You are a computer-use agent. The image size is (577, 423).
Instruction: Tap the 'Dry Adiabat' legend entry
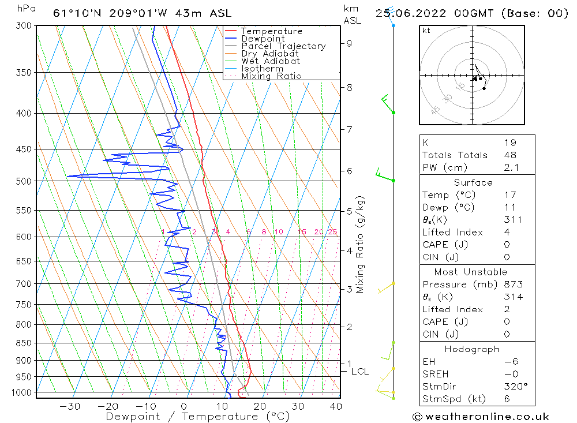(x=270, y=54)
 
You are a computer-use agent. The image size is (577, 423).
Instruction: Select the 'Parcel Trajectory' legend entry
(x=283, y=46)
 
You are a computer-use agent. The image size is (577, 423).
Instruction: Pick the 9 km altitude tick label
(x=349, y=43)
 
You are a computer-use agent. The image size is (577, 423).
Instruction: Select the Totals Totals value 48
(x=510, y=155)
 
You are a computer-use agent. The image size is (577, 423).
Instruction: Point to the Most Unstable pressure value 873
(x=514, y=285)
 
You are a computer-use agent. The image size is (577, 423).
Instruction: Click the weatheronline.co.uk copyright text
(x=481, y=417)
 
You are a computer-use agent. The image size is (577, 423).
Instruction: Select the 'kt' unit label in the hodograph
(x=426, y=31)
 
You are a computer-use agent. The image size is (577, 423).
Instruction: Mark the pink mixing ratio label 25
(x=332, y=232)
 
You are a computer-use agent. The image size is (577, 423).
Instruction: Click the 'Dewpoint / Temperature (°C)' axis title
(x=197, y=417)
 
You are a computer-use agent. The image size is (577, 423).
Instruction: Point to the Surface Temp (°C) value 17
(x=509, y=195)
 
